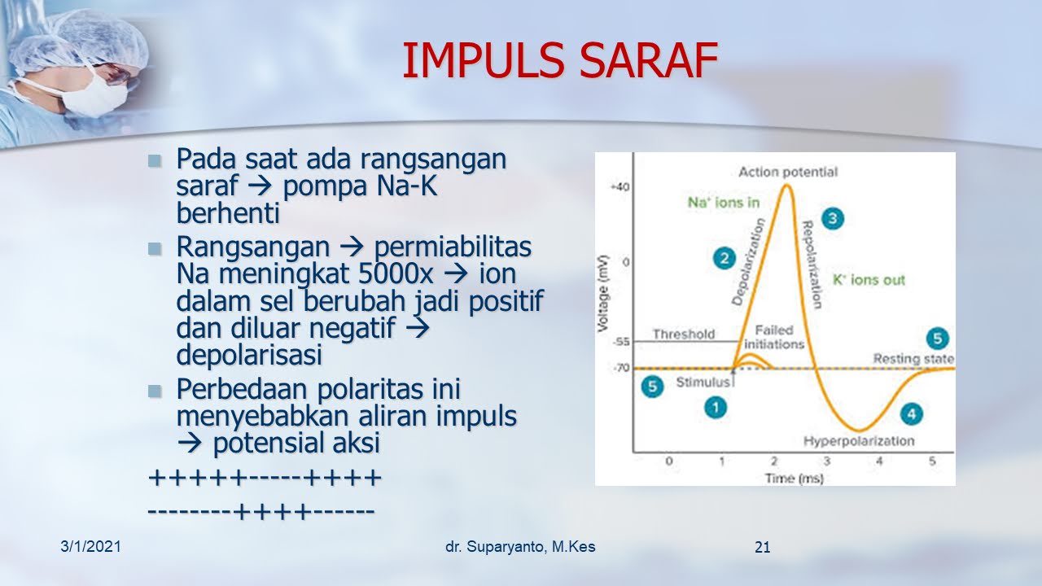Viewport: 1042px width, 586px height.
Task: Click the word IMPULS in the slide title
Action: click(x=484, y=60)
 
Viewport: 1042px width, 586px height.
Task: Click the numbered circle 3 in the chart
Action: click(x=832, y=219)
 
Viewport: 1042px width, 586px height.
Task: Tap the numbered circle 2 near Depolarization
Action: click(x=725, y=259)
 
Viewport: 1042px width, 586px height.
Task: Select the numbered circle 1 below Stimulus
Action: click(x=716, y=408)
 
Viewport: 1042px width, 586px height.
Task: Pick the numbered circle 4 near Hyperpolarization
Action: click(x=911, y=414)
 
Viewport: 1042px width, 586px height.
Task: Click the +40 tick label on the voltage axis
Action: click(x=620, y=187)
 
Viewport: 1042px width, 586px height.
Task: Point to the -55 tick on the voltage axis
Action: click(x=621, y=342)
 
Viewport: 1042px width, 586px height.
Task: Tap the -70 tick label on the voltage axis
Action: click(x=621, y=369)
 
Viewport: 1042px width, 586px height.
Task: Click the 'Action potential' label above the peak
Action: click(x=788, y=172)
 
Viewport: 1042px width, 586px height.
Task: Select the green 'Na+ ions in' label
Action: click(x=724, y=203)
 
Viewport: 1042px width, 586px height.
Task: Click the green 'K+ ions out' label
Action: click(x=869, y=280)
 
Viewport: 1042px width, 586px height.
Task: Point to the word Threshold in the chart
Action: click(x=683, y=334)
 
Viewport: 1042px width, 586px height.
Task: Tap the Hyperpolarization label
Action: click(x=859, y=441)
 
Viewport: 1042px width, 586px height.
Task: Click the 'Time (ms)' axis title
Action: click(x=794, y=478)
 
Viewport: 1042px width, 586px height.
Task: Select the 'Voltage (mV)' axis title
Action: click(x=603, y=294)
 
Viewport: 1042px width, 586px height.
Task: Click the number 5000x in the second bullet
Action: click(x=396, y=274)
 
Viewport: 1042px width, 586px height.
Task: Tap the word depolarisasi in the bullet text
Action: click(x=249, y=355)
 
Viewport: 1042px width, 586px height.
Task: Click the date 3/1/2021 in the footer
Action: click(x=90, y=546)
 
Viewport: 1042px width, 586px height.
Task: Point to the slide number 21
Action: click(x=763, y=548)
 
